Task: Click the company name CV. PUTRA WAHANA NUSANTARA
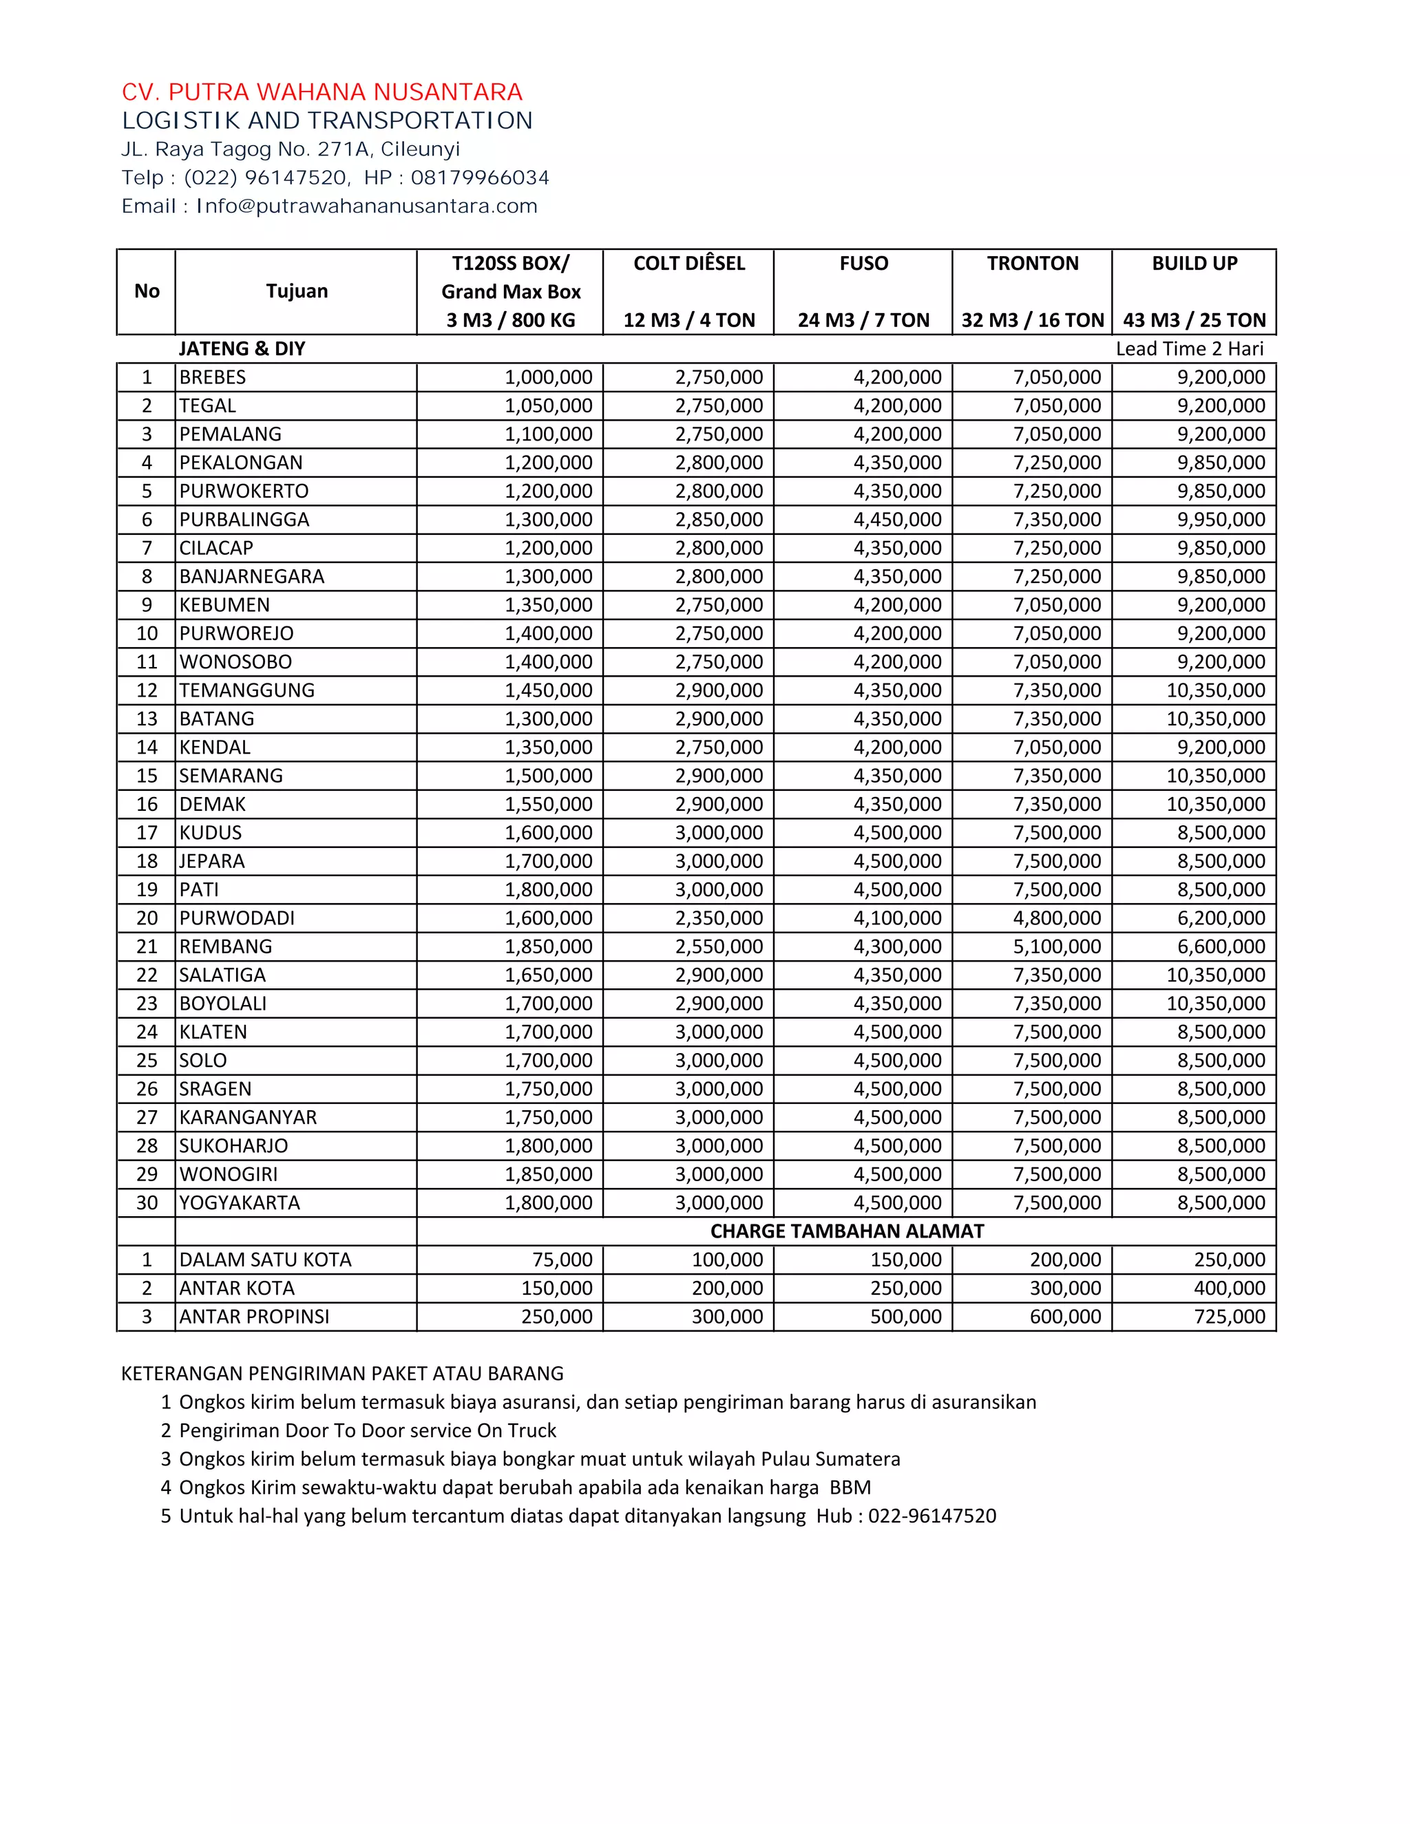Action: pyautogui.click(x=322, y=92)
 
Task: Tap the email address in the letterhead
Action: pyautogui.click(x=367, y=206)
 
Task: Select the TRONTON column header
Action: pyautogui.click(x=1033, y=264)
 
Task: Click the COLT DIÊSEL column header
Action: pyautogui.click(x=689, y=264)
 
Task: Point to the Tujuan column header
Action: pyautogui.click(x=297, y=291)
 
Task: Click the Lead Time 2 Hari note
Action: pyautogui.click(x=1190, y=349)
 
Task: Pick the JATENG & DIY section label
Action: pyautogui.click(x=242, y=349)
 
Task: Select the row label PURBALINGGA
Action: pyautogui.click(x=244, y=520)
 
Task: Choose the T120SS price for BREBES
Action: pyautogui.click(x=548, y=377)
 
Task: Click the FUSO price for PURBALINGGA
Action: pyautogui.click(x=897, y=520)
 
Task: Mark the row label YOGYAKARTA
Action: pyautogui.click(x=240, y=1202)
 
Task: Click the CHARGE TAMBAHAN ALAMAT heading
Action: pyautogui.click(x=847, y=1231)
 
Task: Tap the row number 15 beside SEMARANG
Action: pyautogui.click(x=147, y=776)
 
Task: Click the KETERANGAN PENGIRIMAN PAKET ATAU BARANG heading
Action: pyautogui.click(x=342, y=1374)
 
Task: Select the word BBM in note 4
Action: pyautogui.click(x=850, y=1487)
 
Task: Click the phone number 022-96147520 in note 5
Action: pyautogui.click(x=932, y=1516)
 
